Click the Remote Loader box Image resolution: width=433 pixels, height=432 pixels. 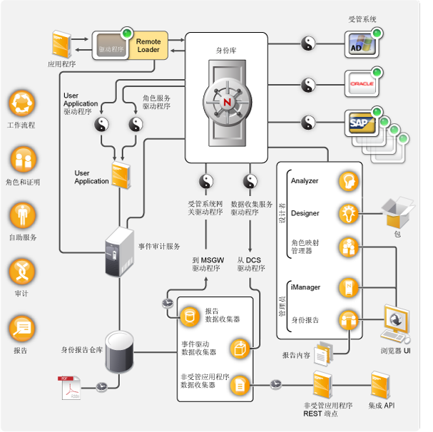coord(148,46)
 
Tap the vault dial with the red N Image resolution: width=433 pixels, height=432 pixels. coord(228,102)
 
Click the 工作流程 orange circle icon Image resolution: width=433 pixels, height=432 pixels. coord(21,104)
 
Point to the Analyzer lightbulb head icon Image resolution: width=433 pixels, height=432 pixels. coord(348,181)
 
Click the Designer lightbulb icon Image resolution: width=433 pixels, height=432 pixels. coord(348,213)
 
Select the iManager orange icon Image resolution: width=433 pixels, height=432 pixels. coord(348,287)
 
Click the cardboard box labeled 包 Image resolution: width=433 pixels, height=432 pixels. coord(397,212)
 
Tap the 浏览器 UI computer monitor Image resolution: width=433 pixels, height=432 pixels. coord(397,324)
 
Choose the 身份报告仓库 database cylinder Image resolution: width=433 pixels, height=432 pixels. coord(118,351)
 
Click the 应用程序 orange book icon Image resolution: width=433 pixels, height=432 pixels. coord(61,44)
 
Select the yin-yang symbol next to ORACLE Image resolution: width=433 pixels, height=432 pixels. coord(309,85)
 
